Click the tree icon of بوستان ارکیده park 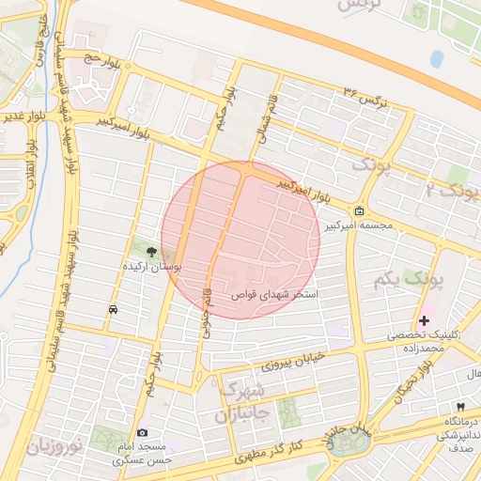click(152, 250)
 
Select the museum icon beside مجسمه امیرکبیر click(361, 211)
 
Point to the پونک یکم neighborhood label click(394, 280)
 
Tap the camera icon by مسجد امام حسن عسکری click(142, 433)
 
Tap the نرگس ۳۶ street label click(364, 97)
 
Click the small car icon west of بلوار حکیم click(114, 309)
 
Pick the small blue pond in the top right click(437, 58)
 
